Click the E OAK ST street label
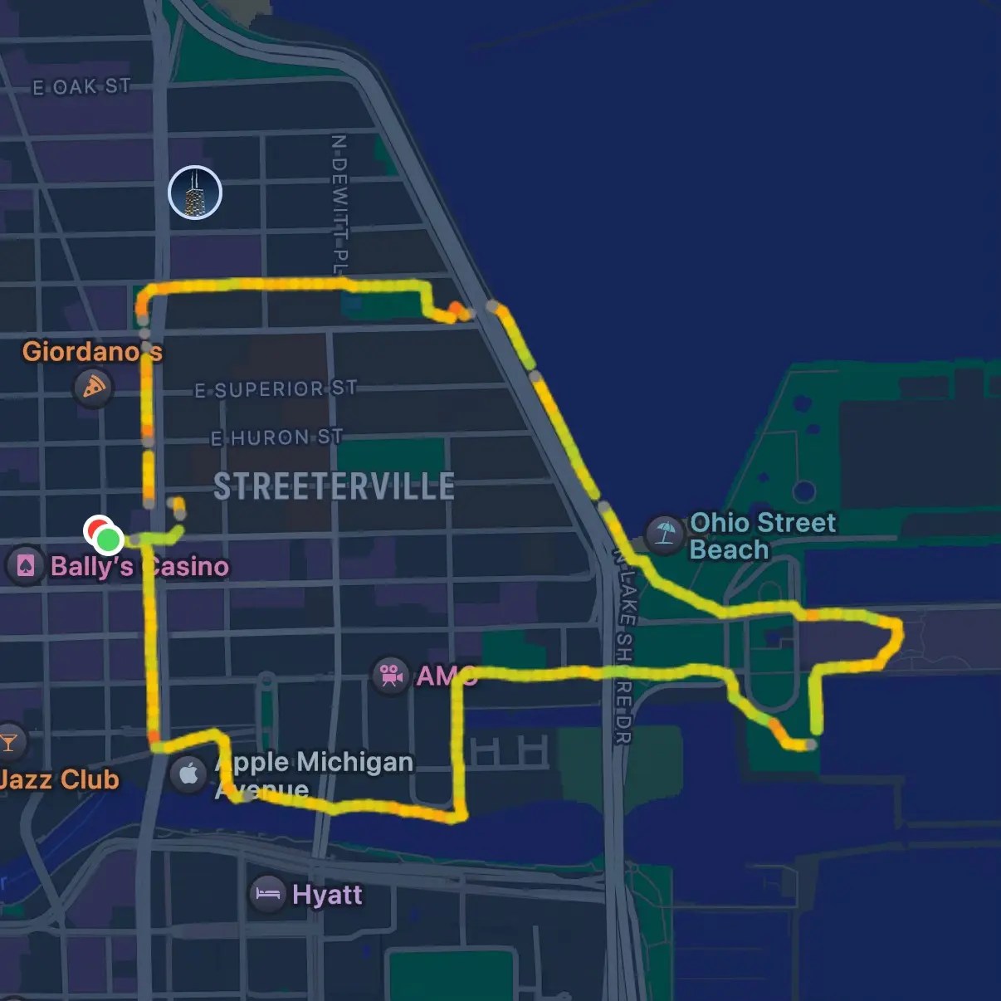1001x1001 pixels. pos(81,86)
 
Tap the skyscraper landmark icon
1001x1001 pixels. pos(195,193)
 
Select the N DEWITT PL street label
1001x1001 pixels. pos(339,204)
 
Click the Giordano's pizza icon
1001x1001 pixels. pos(93,387)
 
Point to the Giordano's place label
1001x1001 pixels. pos(92,351)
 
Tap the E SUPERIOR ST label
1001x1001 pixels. pos(276,389)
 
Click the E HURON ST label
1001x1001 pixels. pos(276,437)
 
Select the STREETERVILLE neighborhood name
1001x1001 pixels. pos(334,486)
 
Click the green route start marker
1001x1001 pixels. pos(109,540)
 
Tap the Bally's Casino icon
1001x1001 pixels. pos(25,566)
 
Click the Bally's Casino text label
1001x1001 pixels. pos(139,566)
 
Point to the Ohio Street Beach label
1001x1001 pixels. pos(763,536)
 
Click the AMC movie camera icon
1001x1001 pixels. pos(389,675)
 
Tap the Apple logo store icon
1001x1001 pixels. pos(188,774)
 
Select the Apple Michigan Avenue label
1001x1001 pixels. pos(314,774)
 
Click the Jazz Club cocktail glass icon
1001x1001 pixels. pos(9,742)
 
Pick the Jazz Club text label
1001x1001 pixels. pos(58,779)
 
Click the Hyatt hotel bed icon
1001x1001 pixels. pos(267,895)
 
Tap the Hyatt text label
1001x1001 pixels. pos(327,895)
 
